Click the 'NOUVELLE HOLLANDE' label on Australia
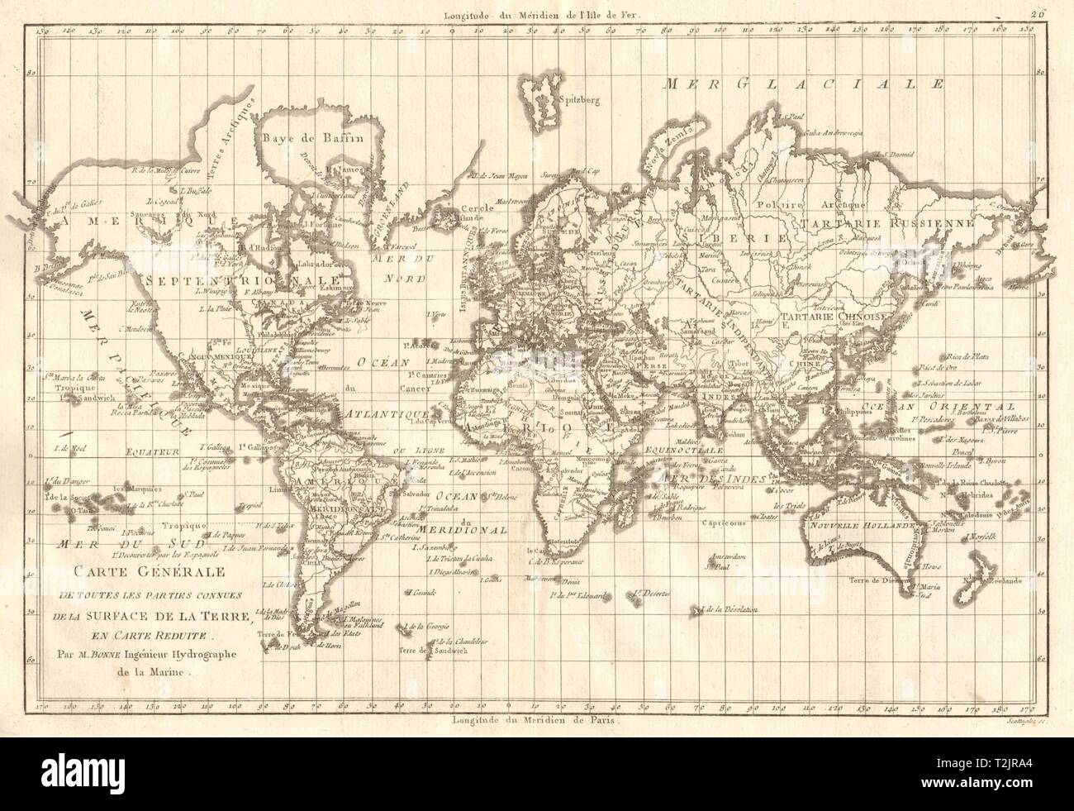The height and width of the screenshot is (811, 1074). pyautogui.click(x=859, y=527)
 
